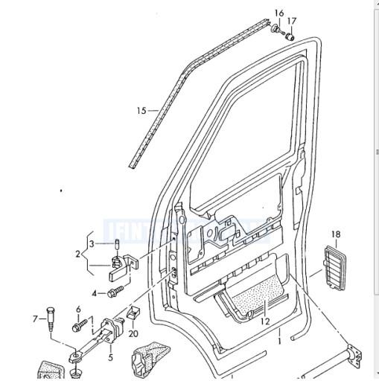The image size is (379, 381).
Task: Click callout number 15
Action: [141, 111]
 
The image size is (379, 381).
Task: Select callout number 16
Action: [278, 13]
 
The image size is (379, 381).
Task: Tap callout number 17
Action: [292, 21]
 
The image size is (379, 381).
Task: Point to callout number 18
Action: [336, 235]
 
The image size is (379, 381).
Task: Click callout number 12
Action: [264, 321]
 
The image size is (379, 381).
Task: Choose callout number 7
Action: [34, 319]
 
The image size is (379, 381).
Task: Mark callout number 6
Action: [77, 310]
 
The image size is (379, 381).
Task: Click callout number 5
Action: [110, 357]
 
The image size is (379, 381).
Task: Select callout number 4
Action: [95, 293]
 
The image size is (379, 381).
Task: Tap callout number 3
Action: [92, 243]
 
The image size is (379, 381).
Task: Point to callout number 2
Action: [77, 254]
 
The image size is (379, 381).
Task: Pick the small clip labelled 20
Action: [134, 313]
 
